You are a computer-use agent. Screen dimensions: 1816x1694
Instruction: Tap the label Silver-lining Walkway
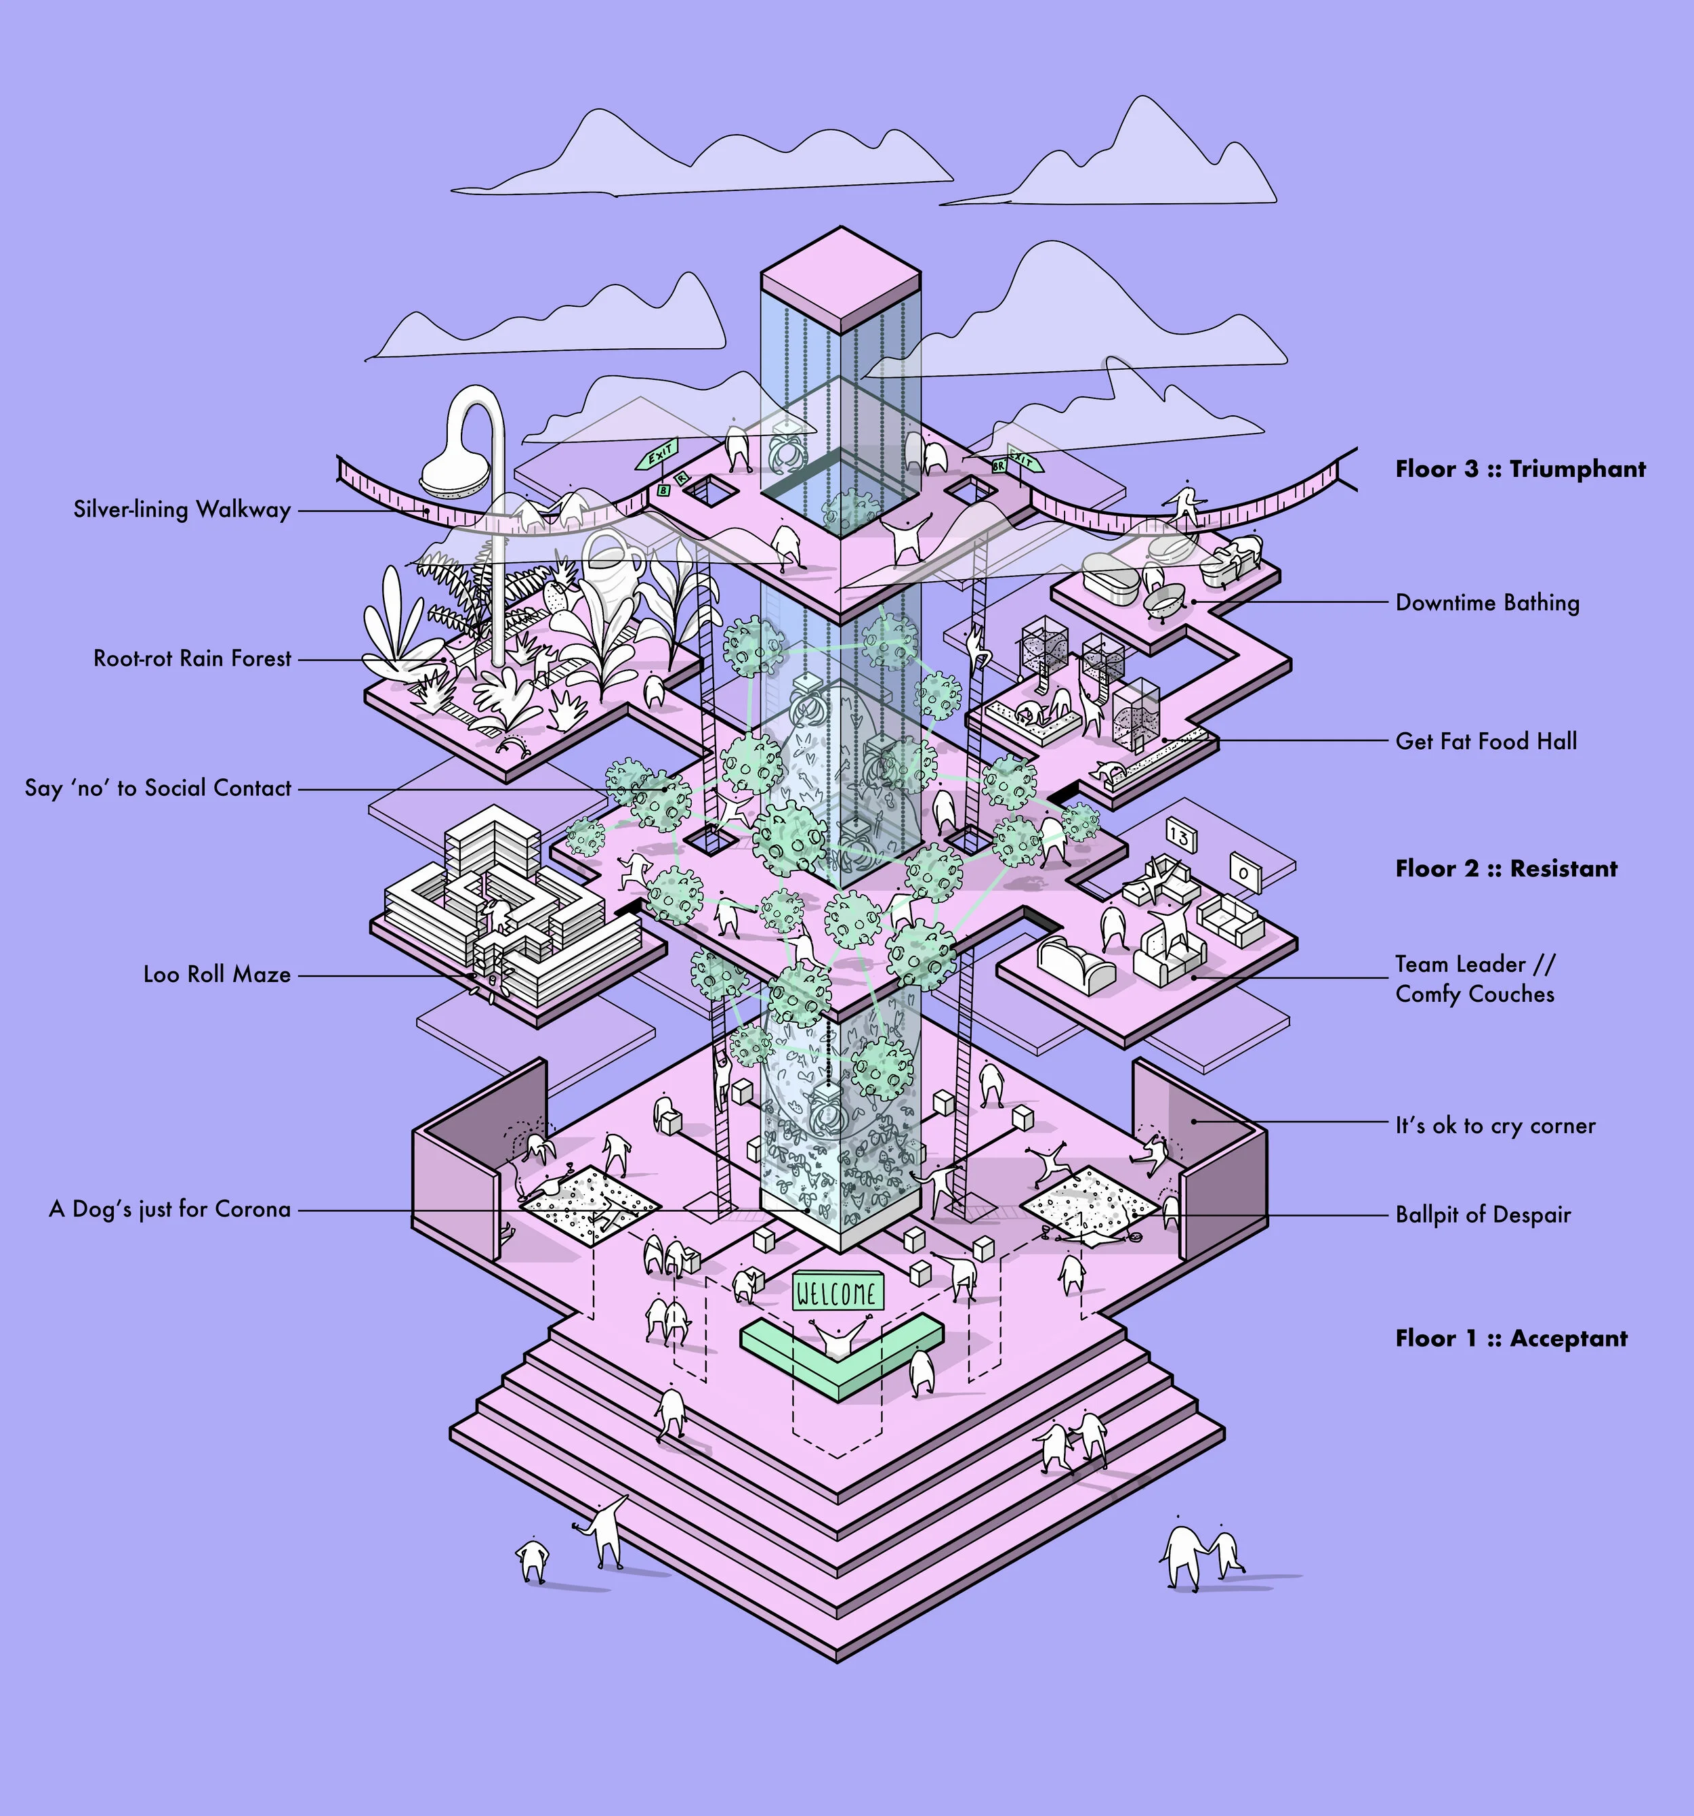point(182,510)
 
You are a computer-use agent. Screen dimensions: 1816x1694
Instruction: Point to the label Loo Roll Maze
point(217,975)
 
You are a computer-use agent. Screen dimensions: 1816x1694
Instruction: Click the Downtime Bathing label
point(1487,603)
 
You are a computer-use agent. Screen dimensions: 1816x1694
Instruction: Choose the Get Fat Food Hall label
point(1486,742)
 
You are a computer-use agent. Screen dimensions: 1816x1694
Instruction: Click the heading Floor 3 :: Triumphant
point(1519,469)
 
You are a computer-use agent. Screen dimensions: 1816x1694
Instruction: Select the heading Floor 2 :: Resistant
point(1506,869)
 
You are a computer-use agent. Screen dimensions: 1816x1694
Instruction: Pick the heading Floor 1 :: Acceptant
point(1510,1338)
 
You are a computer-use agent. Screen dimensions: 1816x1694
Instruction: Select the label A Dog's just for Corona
point(170,1210)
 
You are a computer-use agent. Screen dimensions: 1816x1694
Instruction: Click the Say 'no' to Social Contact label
point(158,788)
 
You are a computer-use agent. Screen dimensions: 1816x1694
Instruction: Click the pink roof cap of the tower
point(839,278)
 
